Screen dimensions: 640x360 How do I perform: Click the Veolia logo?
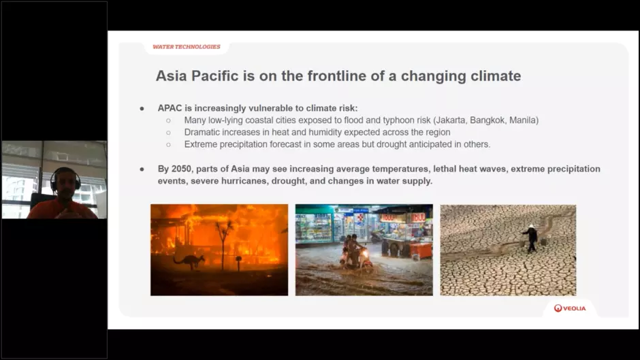pyautogui.click(x=570, y=308)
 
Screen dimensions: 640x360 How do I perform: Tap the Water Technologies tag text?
pyautogui.click(x=187, y=47)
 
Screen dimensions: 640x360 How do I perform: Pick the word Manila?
pyautogui.click(x=523, y=120)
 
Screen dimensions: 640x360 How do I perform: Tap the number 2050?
pyautogui.click(x=182, y=169)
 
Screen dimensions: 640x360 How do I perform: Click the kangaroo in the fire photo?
pyautogui.click(x=189, y=261)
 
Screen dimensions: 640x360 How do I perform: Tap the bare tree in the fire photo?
pyautogui.click(x=223, y=245)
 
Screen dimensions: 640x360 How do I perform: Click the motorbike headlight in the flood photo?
pyautogui.click(x=364, y=255)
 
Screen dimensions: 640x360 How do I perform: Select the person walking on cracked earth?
pyautogui.click(x=530, y=239)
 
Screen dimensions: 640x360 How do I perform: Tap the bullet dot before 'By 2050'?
pyautogui.click(x=142, y=169)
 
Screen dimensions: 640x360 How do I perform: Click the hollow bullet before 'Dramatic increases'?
pyautogui.click(x=168, y=133)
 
